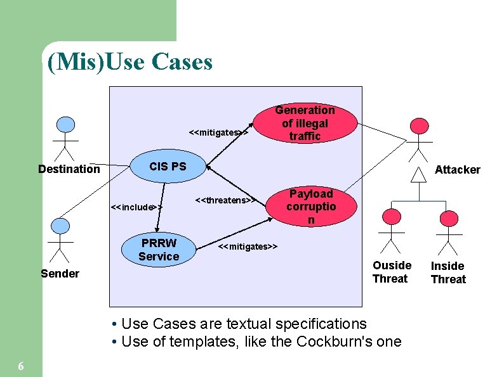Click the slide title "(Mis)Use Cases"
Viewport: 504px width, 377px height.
click(x=129, y=62)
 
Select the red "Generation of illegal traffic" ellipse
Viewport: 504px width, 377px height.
click(x=305, y=123)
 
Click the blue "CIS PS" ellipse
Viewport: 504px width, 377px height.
click(x=168, y=167)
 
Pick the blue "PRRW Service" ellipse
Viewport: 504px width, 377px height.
click(x=159, y=250)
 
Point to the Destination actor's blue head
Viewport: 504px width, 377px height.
click(x=65, y=125)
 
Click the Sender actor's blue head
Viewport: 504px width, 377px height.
click(x=60, y=225)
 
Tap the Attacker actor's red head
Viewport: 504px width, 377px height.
click(x=419, y=125)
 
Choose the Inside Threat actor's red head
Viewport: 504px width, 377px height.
click(x=449, y=218)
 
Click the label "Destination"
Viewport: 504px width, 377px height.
click(x=69, y=169)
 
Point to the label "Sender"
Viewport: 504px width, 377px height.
click(x=60, y=274)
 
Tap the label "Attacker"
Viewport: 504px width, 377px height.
click(x=457, y=170)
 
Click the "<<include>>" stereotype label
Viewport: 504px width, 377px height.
click(x=136, y=207)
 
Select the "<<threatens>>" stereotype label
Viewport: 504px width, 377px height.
click(x=225, y=201)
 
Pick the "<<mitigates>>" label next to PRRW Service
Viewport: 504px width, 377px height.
click(x=248, y=246)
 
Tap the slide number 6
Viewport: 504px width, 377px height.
click(x=21, y=366)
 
